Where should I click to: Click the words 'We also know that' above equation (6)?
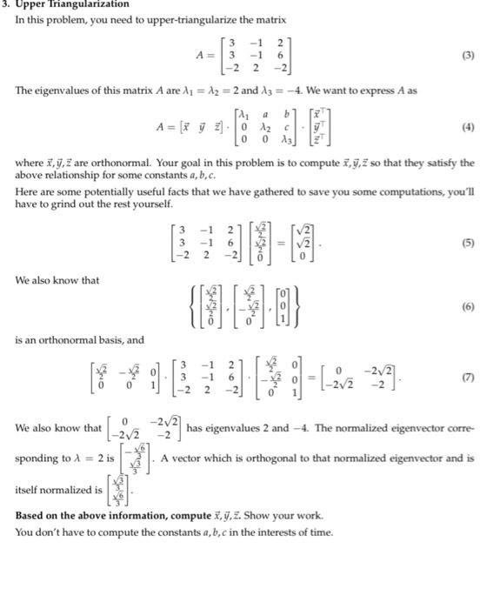[57, 280]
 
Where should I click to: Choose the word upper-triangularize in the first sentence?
[205, 19]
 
